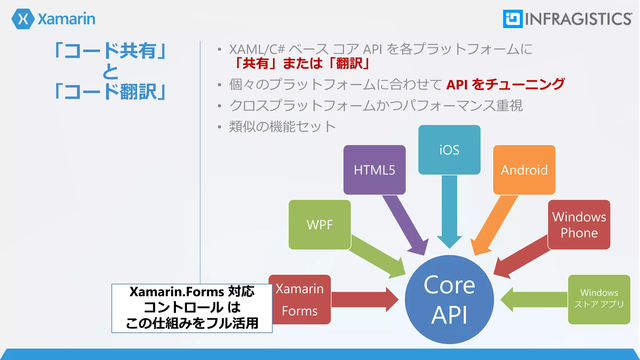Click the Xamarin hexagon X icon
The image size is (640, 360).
click(x=23, y=19)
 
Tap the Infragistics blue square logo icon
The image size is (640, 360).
click(x=512, y=19)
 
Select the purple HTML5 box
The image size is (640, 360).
click(x=374, y=170)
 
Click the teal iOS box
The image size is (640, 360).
click(x=449, y=150)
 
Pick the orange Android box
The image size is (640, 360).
click(x=524, y=170)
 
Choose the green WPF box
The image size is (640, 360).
click(x=319, y=225)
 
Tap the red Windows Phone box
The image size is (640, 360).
click(x=579, y=225)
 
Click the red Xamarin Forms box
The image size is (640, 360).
click(x=299, y=299)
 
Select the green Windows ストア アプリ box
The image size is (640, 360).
click(x=599, y=299)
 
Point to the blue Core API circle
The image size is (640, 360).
click(x=449, y=299)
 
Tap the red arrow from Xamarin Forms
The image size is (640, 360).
click(x=362, y=299)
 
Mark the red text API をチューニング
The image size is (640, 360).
click(x=505, y=84)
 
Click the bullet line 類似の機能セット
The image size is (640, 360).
click(x=282, y=127)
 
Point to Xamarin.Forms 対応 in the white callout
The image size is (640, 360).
click(x=192, y=292)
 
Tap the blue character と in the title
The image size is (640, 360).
click(x=110, y=71)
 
